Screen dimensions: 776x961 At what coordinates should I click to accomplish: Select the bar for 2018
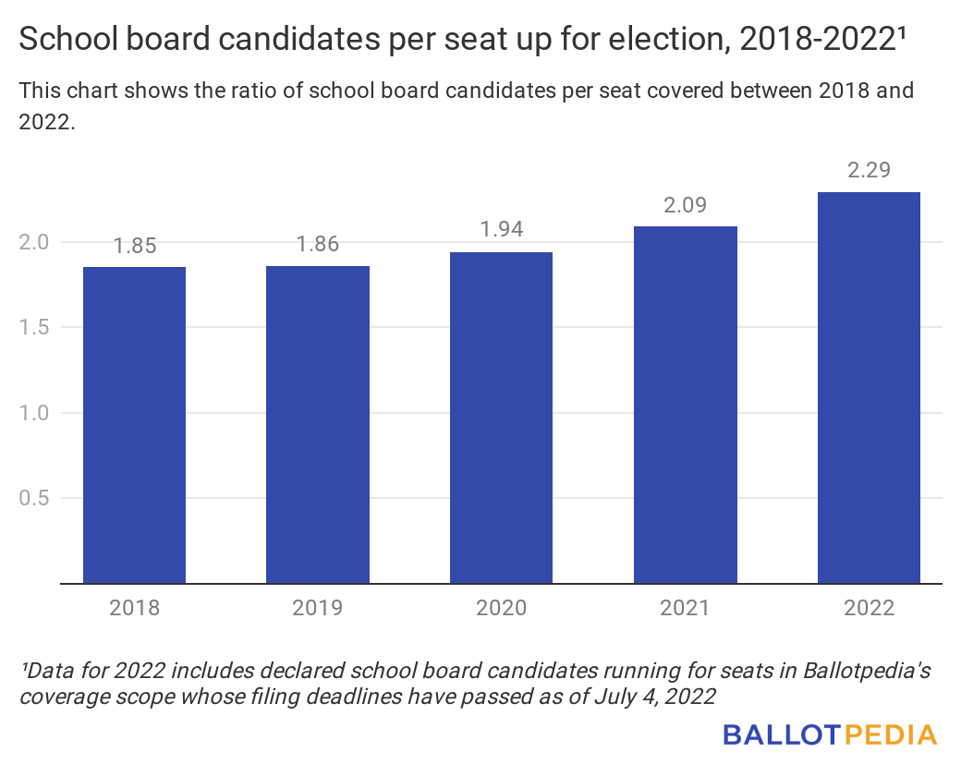coord(134,425)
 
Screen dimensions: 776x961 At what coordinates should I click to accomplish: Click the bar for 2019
coord(318,425)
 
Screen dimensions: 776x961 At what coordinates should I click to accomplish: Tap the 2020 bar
coord(501,418)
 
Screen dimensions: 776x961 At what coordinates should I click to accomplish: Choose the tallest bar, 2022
coord(869,388)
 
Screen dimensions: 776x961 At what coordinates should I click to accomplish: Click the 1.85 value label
coord(135,247)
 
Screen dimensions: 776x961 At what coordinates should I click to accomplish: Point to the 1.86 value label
coord(318,245)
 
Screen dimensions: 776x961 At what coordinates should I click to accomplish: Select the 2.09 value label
coord(685,205)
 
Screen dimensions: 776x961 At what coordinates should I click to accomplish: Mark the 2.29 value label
coord(869,171)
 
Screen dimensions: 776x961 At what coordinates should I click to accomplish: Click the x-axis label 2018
coord(135,609)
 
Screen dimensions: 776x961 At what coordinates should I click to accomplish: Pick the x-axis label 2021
coord(685,609)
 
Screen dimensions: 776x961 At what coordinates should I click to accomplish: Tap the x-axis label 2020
coord(501,609)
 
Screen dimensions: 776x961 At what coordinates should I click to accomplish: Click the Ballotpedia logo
coord(830,735)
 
